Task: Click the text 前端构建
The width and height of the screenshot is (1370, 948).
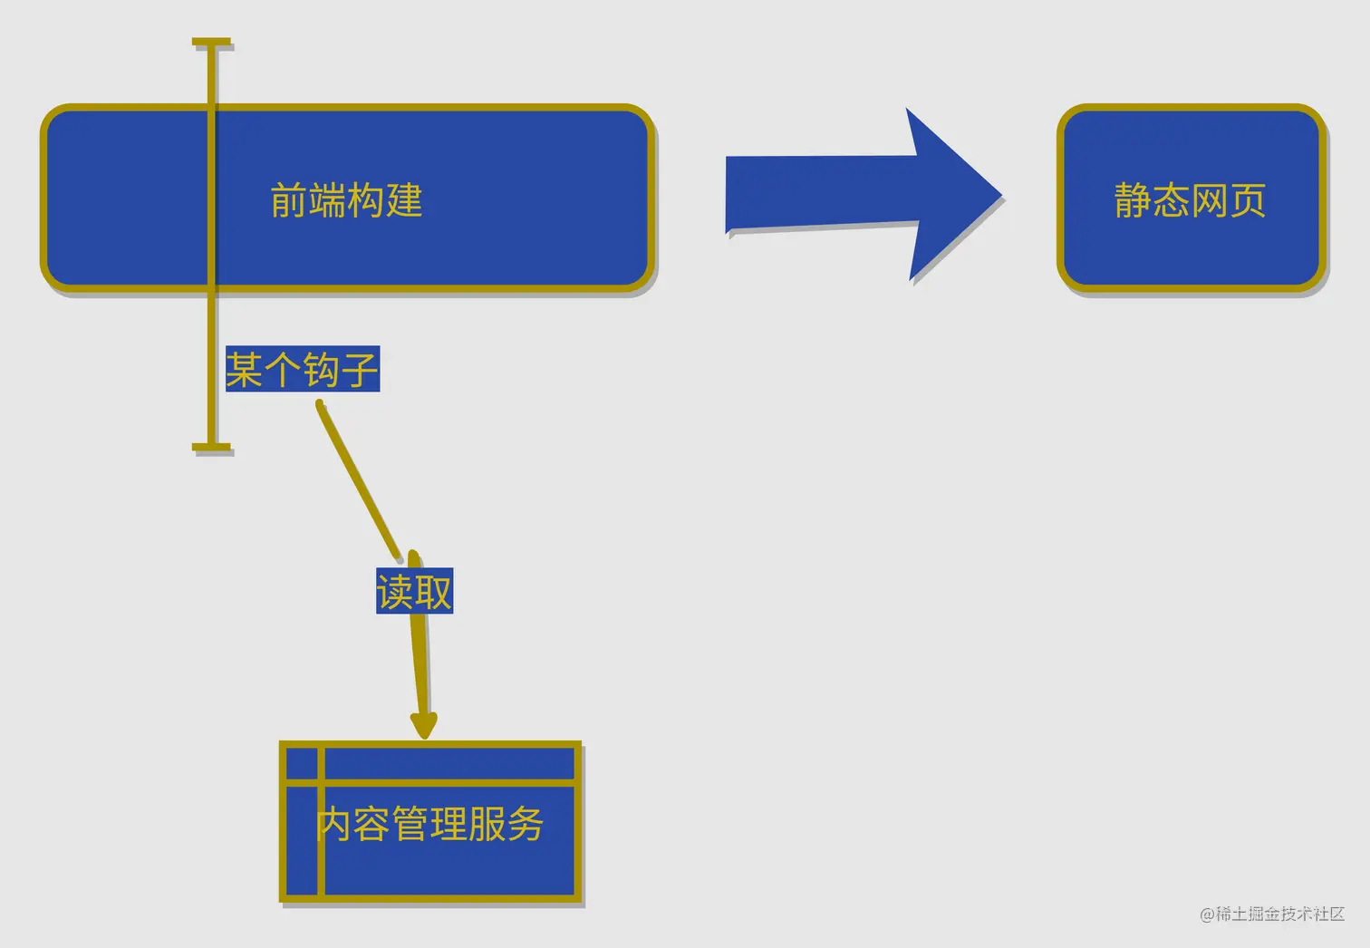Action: point(346,200)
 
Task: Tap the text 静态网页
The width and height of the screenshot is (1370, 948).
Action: point(1190,200)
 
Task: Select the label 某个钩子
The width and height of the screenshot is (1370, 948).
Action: point(302,370)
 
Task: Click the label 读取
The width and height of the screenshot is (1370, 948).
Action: point(414,592)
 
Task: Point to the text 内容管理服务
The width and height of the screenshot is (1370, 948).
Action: point(430,824)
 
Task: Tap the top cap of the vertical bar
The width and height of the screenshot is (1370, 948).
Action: point(212,43)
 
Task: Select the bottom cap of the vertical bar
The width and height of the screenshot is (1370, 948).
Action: point(212,447)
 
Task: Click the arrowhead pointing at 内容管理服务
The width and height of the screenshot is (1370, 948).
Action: point(423,724)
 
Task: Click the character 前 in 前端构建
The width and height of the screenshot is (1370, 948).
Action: point(289,200)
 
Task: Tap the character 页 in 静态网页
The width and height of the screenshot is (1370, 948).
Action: point(1248,200)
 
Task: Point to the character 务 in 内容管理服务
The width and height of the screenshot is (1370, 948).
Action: point(526,824)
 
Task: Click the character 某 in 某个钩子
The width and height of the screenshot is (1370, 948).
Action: point(245,370)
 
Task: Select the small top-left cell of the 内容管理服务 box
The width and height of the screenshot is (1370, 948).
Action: point(302,763)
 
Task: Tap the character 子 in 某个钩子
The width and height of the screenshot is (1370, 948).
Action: point(360,370)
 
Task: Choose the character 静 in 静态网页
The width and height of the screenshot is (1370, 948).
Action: point(1133,200)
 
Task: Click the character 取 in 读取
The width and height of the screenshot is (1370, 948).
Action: point(433,592)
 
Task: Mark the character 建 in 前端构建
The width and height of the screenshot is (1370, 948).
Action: point(404,200)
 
